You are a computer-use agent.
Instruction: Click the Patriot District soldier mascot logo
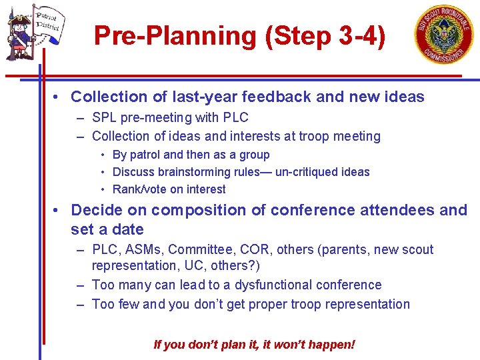click(33, 35)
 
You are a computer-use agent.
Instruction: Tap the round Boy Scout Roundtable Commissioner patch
click(444, 35)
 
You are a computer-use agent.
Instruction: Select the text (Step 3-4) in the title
click(325, 36)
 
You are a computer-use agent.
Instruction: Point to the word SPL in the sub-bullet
click(105, 118)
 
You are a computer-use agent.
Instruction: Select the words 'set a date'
click(107, 230)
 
